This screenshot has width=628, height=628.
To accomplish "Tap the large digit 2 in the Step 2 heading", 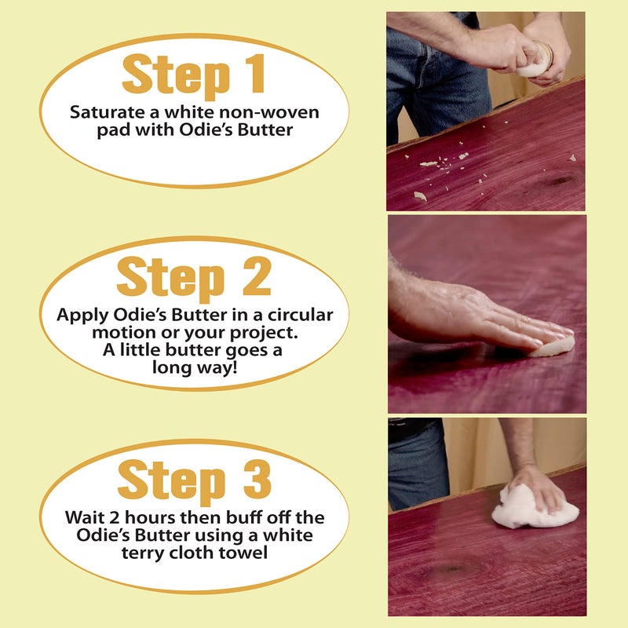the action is coord(257,276).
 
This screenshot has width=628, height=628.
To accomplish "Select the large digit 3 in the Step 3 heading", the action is coord(257,479).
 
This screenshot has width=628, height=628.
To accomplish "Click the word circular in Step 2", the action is coord(301,315).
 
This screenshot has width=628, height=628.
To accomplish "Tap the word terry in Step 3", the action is coord(143,553).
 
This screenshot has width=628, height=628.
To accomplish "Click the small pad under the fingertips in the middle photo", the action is coord(552,347).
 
